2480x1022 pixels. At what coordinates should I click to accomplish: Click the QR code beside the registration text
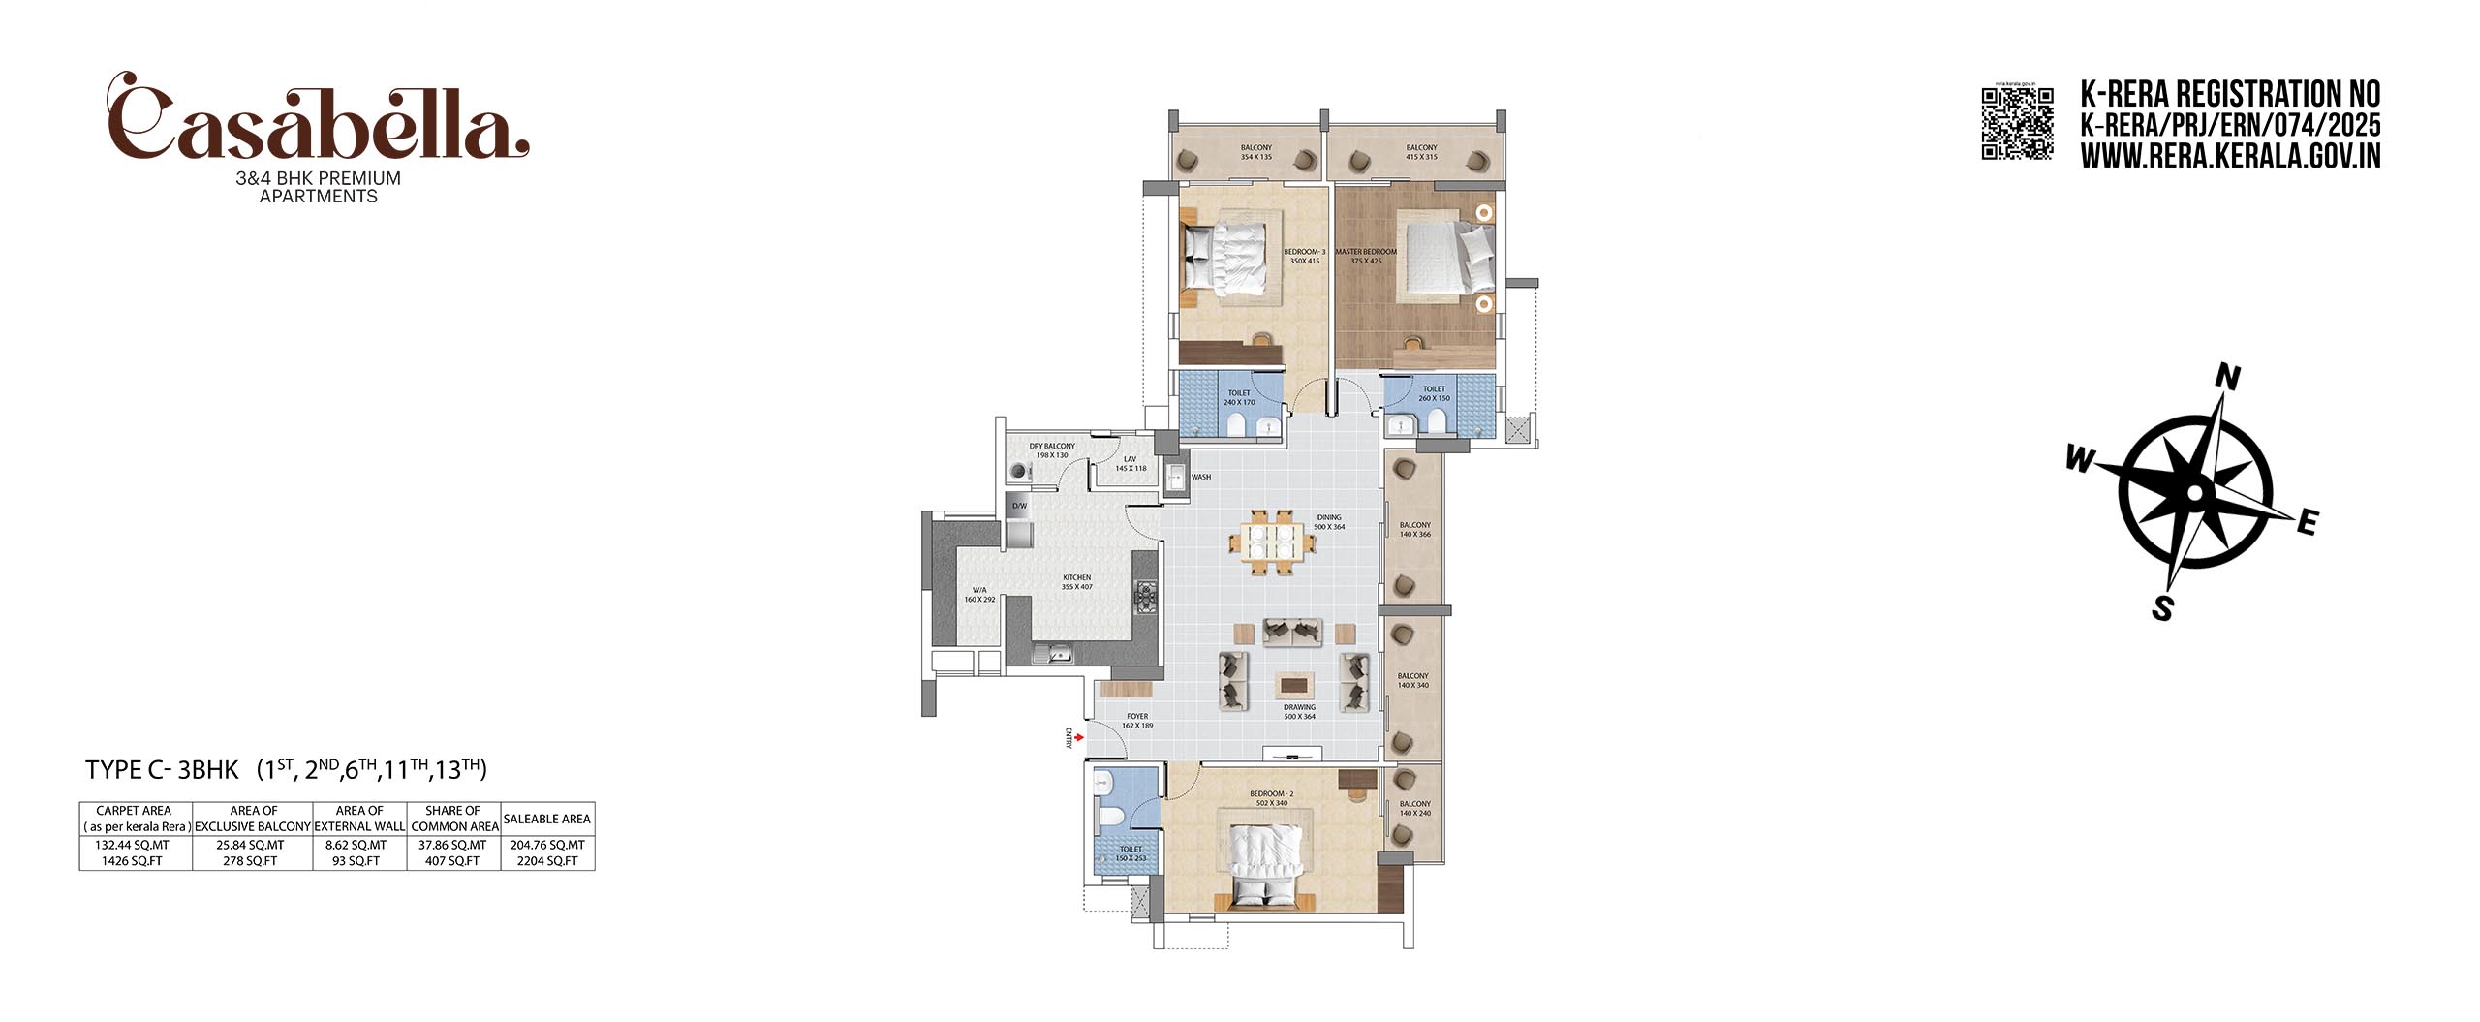(x=2017, y=123)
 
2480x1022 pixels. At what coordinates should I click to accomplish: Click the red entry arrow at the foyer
(x=1078, y=737)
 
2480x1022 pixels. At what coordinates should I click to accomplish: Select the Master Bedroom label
(x=1366, y=256)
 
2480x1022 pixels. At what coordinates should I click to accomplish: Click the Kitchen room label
(x=1076, y=581)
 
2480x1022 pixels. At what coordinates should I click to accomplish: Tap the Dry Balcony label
(x=1052, y=450)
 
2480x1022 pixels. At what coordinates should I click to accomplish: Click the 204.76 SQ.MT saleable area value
(x=547, y=845)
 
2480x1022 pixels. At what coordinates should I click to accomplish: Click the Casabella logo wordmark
(x=318, y=121)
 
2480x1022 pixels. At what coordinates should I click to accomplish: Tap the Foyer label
(x=1137, y=721)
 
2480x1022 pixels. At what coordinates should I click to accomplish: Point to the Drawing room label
(x=1299, y=711)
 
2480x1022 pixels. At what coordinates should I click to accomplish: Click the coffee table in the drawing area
(x=1295, y=685)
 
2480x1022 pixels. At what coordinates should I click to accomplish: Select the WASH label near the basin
(x=1201, y=478)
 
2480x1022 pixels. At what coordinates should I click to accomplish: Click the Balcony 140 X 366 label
(x=1414, y=529)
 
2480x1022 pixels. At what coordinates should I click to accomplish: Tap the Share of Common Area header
(x=453, y=818)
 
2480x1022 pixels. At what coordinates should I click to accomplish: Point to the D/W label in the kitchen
(x=1019, y=506)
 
